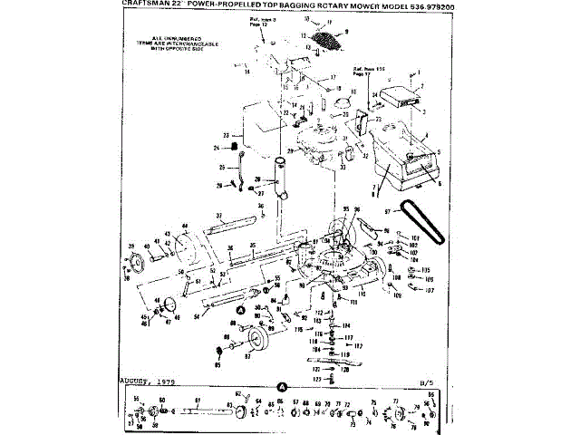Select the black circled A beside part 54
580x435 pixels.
pos(241,309)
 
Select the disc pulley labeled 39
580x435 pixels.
pos(140,263)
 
